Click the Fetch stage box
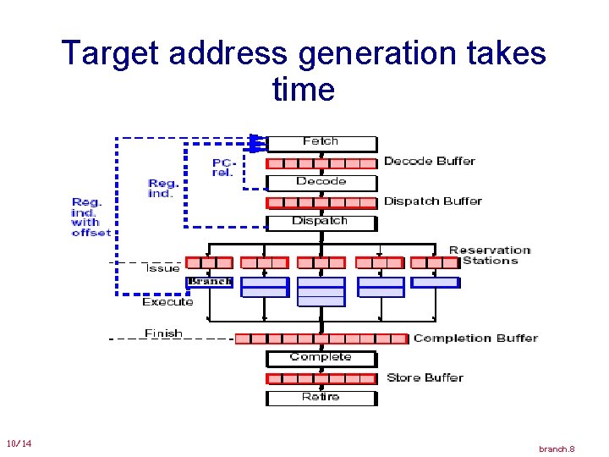321,142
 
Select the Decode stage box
321,182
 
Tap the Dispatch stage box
321,222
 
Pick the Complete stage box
321,358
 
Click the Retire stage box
321,397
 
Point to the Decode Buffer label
429,161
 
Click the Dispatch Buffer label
432,201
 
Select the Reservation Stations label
490,255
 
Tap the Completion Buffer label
475,339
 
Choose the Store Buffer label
425,377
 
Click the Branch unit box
210,282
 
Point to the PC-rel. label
222,167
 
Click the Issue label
162,268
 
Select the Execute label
167,302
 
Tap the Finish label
163,333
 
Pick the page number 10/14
19,444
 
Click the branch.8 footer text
557,449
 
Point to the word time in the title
304,89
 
